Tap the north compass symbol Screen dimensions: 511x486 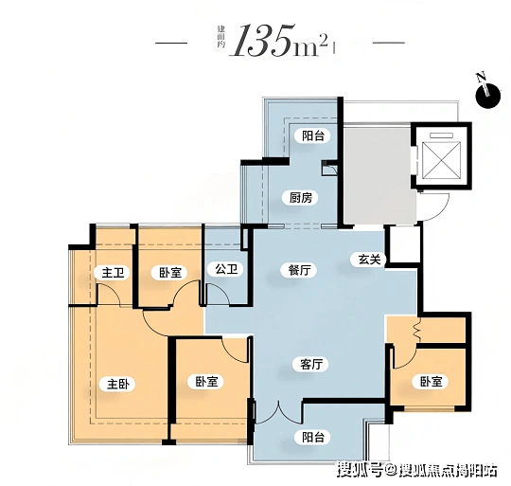click(x=487, y=93)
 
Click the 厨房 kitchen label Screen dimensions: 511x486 click(x=301, y=198)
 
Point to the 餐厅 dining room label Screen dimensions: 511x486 click(x=299, y=270)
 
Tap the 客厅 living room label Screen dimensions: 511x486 click(x=311, y=364)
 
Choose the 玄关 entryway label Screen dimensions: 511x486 click(x=369, y=260)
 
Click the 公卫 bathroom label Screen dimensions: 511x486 click(x=226, y=269)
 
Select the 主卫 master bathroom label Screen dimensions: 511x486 click(x=113, y=273)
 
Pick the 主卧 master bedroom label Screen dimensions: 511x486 click(x=118, y=385)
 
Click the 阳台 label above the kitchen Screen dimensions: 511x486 click(x=313, y=135)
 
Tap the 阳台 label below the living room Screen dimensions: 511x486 click(x=313, y=437)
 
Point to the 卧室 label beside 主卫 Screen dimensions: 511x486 click(x=170, y=273)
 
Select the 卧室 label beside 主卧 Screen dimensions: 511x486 click(x=206, y=382)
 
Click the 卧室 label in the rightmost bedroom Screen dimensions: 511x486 click(x=431, y=381)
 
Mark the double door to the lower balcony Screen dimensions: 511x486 click(x=278, y=414)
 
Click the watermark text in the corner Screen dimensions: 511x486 click(x=417, y=470)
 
